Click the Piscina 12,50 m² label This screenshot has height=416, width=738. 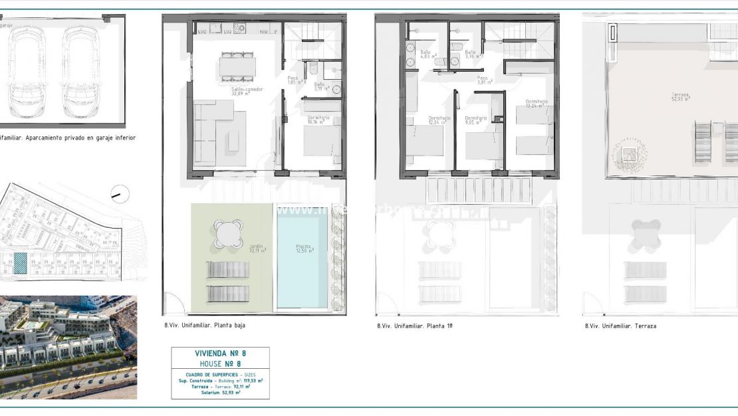coord(304,249)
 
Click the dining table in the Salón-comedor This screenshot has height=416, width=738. coord(237,66)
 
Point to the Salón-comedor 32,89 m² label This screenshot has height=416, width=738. coord(247,91)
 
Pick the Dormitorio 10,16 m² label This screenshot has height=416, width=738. coord(316,120)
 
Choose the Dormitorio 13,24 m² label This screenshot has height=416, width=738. coord(537,103)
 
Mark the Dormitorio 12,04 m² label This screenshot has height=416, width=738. coord(439,120)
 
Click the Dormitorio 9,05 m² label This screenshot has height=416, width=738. coord(475,120)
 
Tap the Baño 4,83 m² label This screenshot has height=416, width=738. coord(426,54)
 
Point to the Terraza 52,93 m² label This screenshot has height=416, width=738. coord(679,96)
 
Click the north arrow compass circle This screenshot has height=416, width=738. coord(120,194)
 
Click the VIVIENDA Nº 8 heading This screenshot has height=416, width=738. coord(220,354)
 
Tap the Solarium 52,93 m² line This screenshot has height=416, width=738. coord(220,393)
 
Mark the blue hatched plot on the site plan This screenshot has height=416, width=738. coord(21,264)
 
